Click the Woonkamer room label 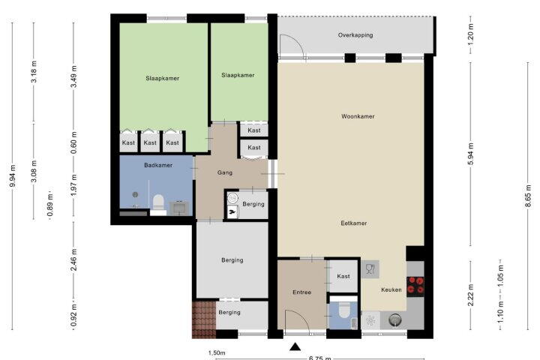click(x=358, y=116)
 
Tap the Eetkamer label click(x=354, y=223)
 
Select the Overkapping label click(x=355, y=35)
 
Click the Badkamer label click(x=158, y=165)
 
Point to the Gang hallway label click(x=225, y=172)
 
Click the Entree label click(x=302, y=292)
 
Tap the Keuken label click(x=391, y=289)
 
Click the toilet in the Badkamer click(x=158, y=202)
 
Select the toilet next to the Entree click(x=344, y=310)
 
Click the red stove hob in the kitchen click(x=415, y=285)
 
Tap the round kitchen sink click(x=395, y=320)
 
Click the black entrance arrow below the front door click(x=295, y=346)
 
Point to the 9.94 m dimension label click(x=13, y=175)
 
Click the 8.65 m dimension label click(x=527, y=196)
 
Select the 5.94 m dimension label click(x=471, y=154)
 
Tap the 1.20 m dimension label click(x=471, y=34)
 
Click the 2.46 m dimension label click(x=73, y=259)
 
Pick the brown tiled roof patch click(x=204, y=320)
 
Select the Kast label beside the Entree click(x=343, y=276)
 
